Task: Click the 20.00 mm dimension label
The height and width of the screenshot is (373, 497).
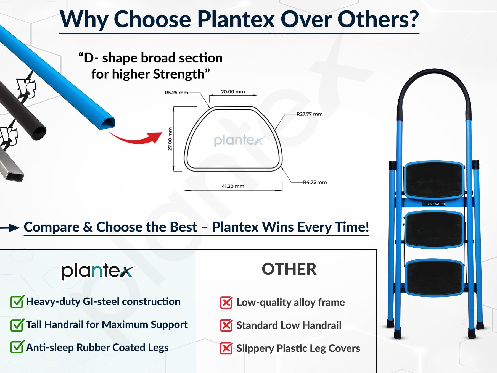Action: pos(233,92)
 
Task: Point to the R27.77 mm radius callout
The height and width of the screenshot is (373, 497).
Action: pos(310,114)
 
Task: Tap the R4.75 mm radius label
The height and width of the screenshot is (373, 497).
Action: pos(315,182)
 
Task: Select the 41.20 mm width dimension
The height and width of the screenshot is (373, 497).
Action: pos(233,186)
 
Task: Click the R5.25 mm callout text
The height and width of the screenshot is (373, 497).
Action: pos(176,93)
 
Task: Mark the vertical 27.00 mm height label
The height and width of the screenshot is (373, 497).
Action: pos(170,139)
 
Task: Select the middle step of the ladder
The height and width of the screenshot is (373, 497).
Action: pos(434,229)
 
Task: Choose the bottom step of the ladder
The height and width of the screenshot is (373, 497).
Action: pos(434,278)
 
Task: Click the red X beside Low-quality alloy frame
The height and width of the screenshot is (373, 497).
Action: pos(226,303)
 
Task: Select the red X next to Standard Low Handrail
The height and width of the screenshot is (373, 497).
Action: pos(226,325)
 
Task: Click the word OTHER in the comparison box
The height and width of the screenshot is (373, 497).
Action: pos(289,269)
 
